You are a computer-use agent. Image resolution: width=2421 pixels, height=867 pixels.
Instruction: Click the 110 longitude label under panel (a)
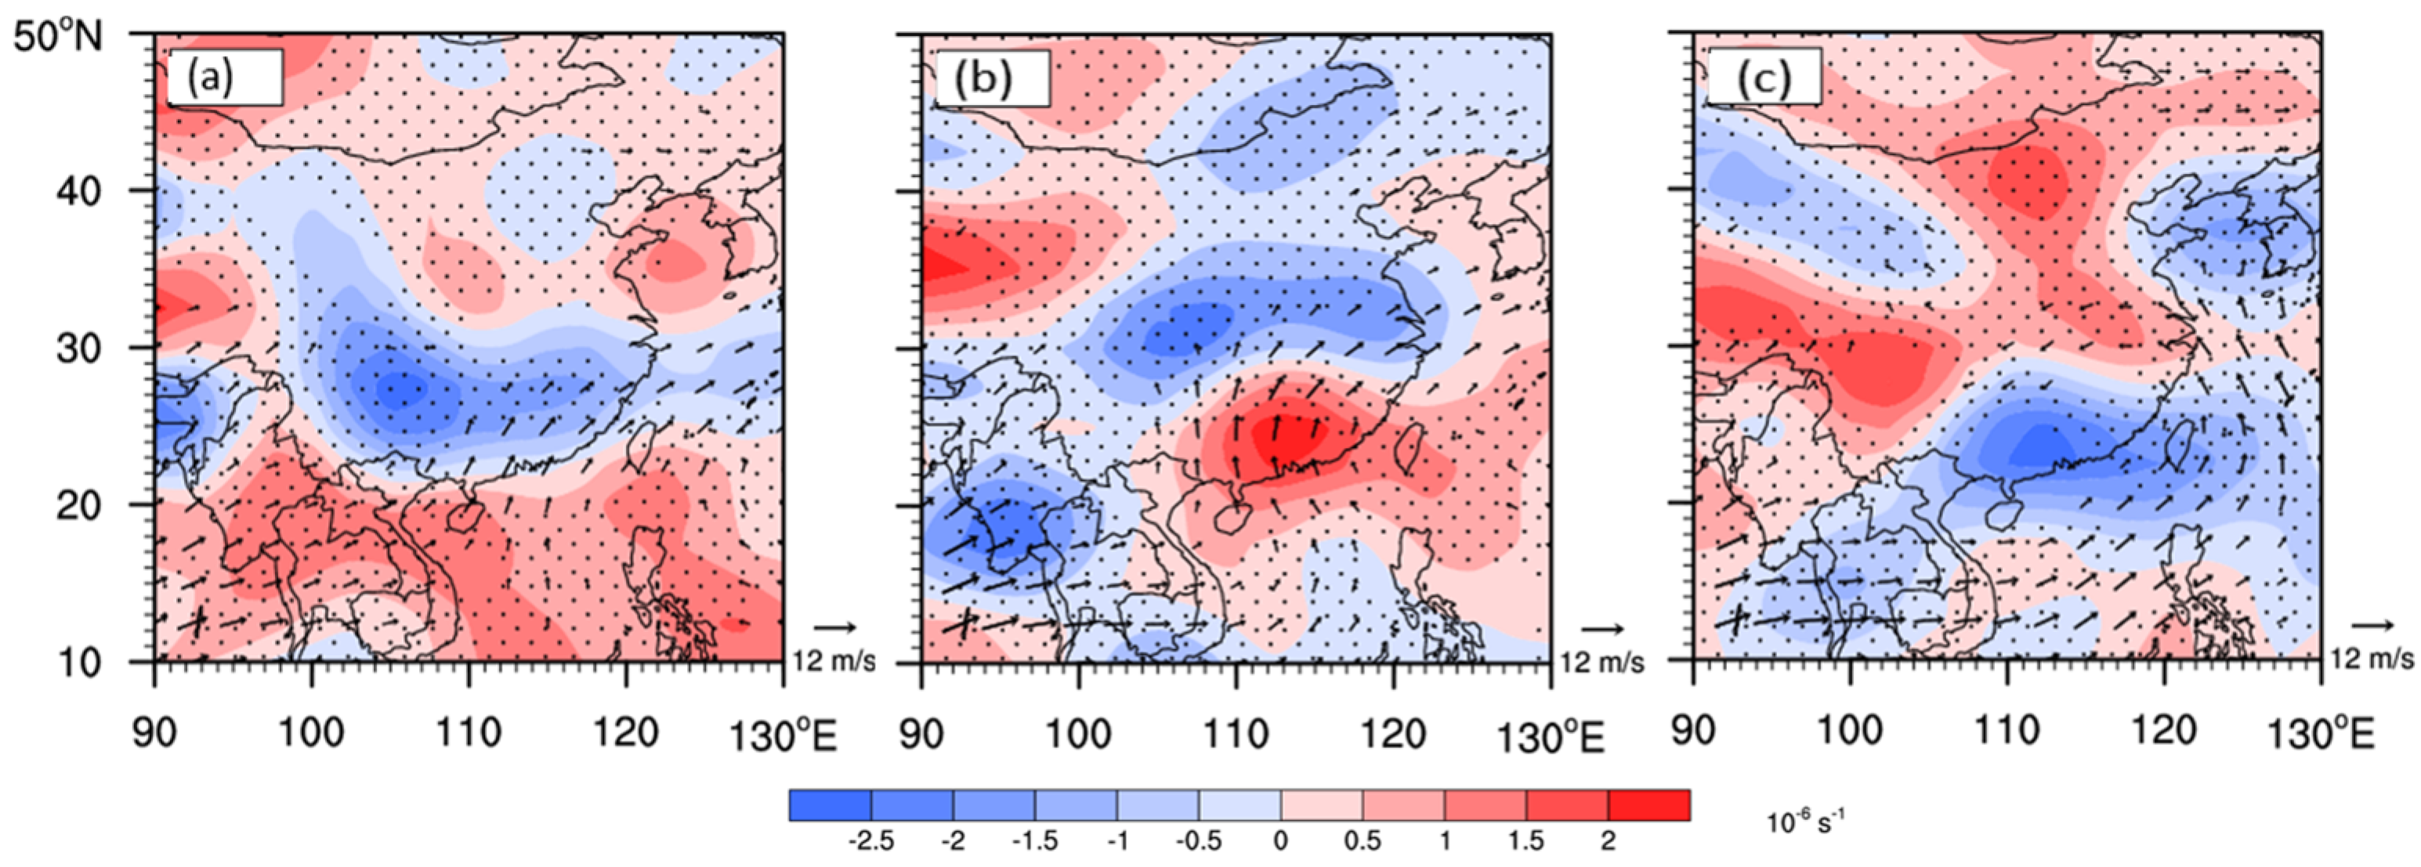pyautogui.click(x=468, y=732)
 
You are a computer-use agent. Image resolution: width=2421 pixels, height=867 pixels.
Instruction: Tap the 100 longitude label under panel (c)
pyautogui.click(x=1850, y=731)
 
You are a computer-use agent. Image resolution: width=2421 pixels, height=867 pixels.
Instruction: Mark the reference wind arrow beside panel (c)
pyautogui.click(x=2373, y=625)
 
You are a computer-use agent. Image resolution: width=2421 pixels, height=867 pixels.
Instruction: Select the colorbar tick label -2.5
pyautogui.click(x=871, y=840)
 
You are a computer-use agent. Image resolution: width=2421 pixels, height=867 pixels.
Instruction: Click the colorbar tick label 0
pyautogui.click(x=1280, y=840)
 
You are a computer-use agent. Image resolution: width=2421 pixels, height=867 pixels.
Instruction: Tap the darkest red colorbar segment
pyautogui.click(x=1648, y=805)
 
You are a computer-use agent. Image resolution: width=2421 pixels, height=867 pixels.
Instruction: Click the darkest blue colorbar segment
pyautogui.click(x=830, y=805)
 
